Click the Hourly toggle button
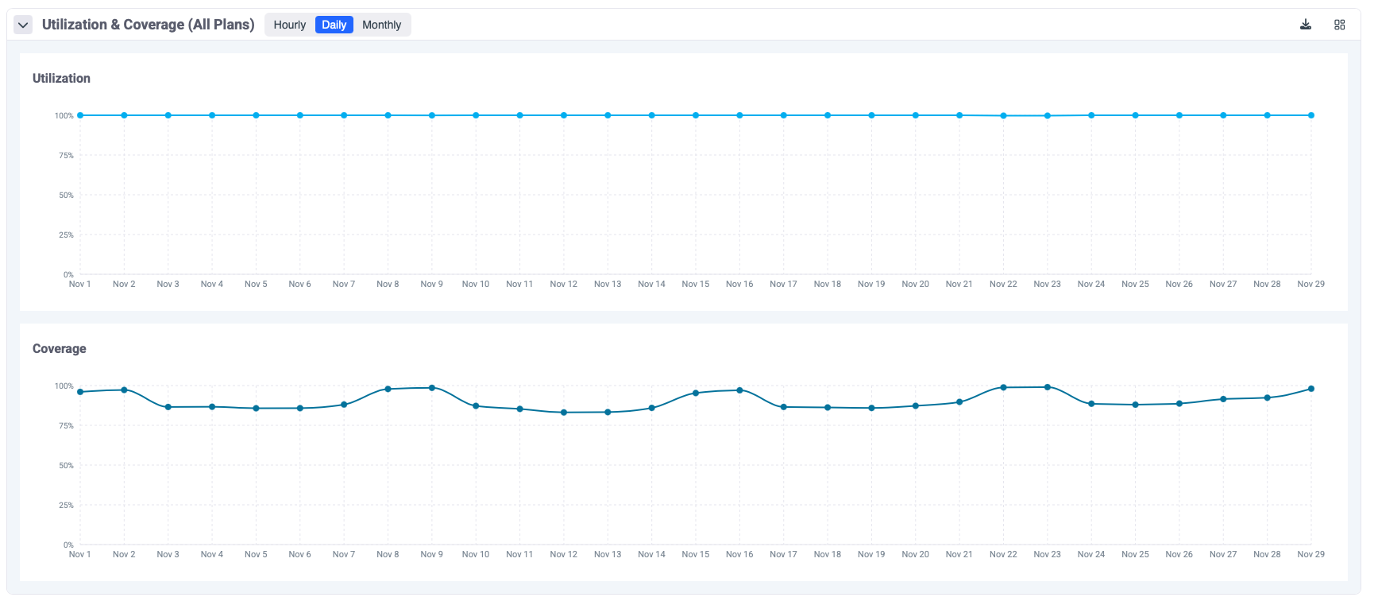(289, 25)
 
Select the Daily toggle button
(334, 25)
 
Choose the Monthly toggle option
(381, 25)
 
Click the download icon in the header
(1305, 25)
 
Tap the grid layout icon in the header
(1339, 25)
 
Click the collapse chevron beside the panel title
(23, 25)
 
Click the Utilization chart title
(61, 78)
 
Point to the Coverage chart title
(59, 348)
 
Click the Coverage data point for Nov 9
(432, 388)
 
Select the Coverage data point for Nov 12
(564, 413)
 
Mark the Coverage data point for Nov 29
(1311, 389)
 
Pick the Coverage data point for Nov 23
(1048, 387)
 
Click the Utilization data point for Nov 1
(80, 115)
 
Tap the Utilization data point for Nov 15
(696, 115)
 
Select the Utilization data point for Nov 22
(1003, 116)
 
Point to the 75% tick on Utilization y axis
(65, 155)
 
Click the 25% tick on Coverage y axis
(65, 505)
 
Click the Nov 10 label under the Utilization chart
(476, 284)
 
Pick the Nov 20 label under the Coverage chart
(915, 554)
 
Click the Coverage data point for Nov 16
(739, 390)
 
